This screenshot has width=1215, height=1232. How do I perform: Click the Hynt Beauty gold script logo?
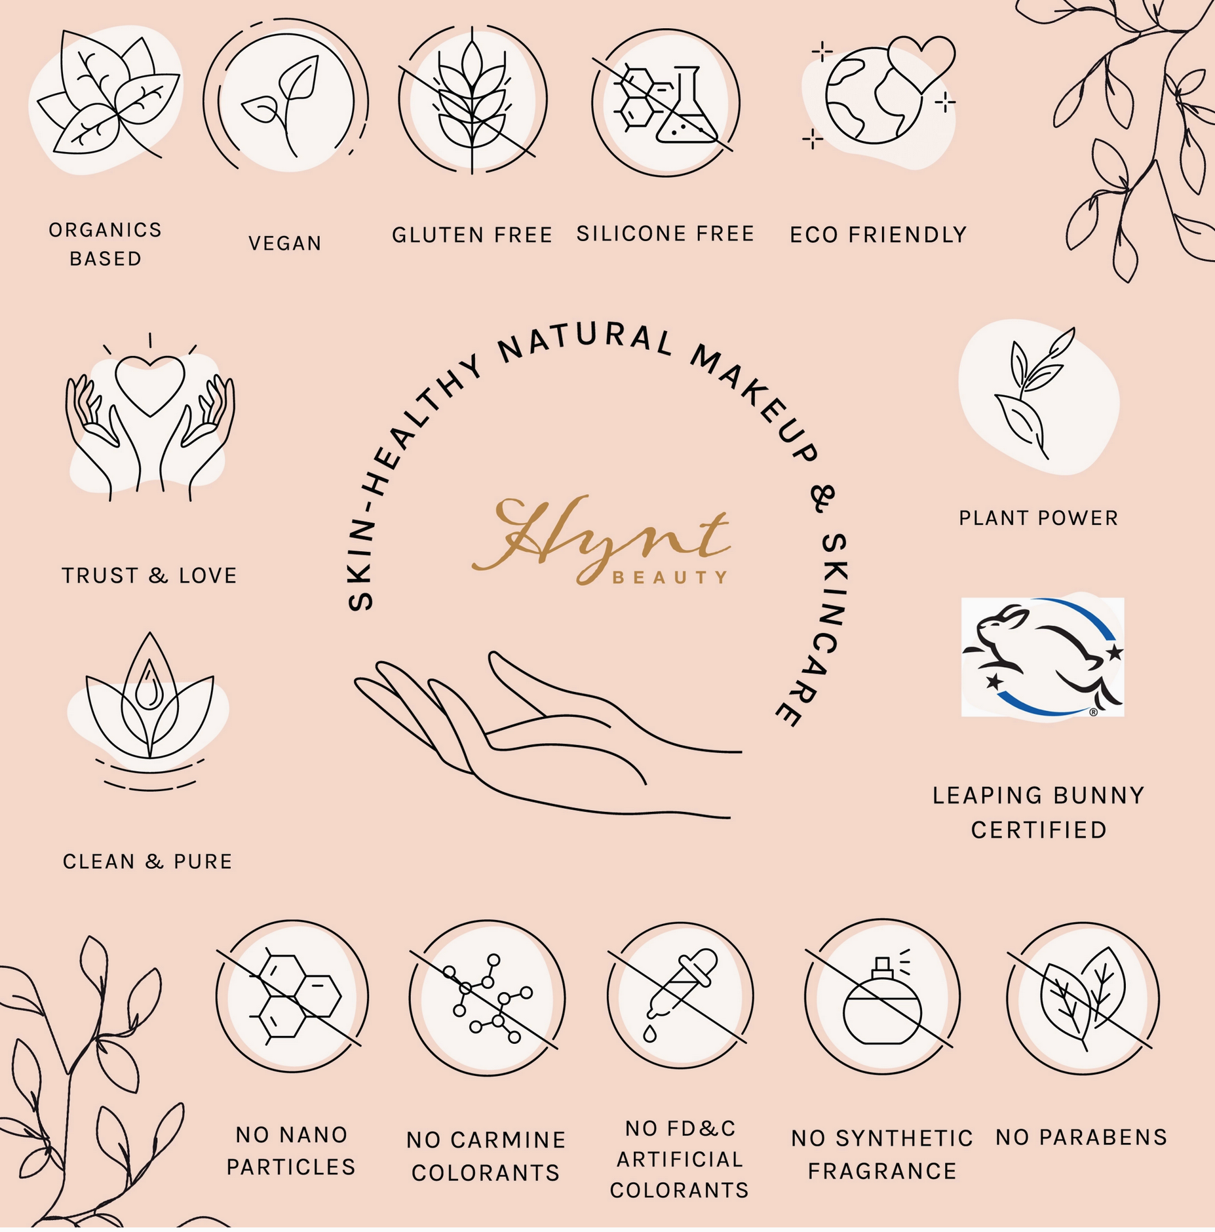601,540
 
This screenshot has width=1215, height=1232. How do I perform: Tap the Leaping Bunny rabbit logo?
1042,657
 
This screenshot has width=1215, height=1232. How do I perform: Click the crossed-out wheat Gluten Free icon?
473,100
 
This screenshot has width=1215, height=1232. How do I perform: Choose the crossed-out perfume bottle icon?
882,997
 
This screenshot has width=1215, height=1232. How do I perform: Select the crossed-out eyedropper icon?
680,995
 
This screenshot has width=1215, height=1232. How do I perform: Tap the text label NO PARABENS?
1081,1137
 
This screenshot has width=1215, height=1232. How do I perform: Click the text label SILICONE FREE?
665,234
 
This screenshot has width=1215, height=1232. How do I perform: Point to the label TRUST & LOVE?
149,575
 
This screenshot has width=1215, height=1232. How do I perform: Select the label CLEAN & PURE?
147,861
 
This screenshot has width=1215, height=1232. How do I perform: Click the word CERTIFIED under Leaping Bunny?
1039,830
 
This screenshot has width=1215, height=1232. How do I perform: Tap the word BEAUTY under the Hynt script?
670,577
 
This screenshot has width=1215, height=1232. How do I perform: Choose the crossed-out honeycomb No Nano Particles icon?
292,996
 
